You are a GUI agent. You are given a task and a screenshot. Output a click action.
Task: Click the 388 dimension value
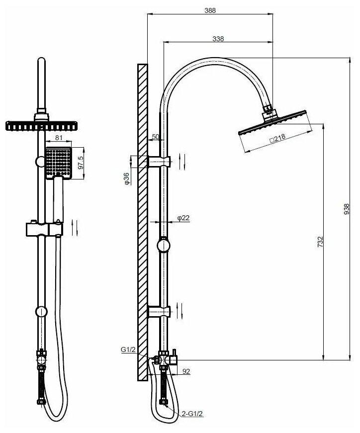210,10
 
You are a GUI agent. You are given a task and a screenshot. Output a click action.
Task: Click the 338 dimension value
218,39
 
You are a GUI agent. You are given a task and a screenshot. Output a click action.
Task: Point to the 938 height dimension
347,208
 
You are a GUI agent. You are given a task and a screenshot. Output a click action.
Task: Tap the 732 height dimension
321,241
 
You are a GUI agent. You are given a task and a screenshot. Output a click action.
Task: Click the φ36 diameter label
127,179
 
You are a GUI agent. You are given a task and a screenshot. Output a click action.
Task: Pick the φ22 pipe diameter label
183,218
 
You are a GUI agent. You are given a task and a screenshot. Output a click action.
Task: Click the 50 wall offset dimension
155,136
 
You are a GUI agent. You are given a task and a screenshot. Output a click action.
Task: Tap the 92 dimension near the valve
186,371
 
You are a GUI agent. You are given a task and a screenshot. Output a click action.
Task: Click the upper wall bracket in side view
159,162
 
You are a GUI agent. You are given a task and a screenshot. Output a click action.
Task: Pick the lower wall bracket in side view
159,312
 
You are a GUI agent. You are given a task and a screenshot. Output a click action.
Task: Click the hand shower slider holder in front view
45,229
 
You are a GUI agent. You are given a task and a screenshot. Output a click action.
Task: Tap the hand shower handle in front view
58,199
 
